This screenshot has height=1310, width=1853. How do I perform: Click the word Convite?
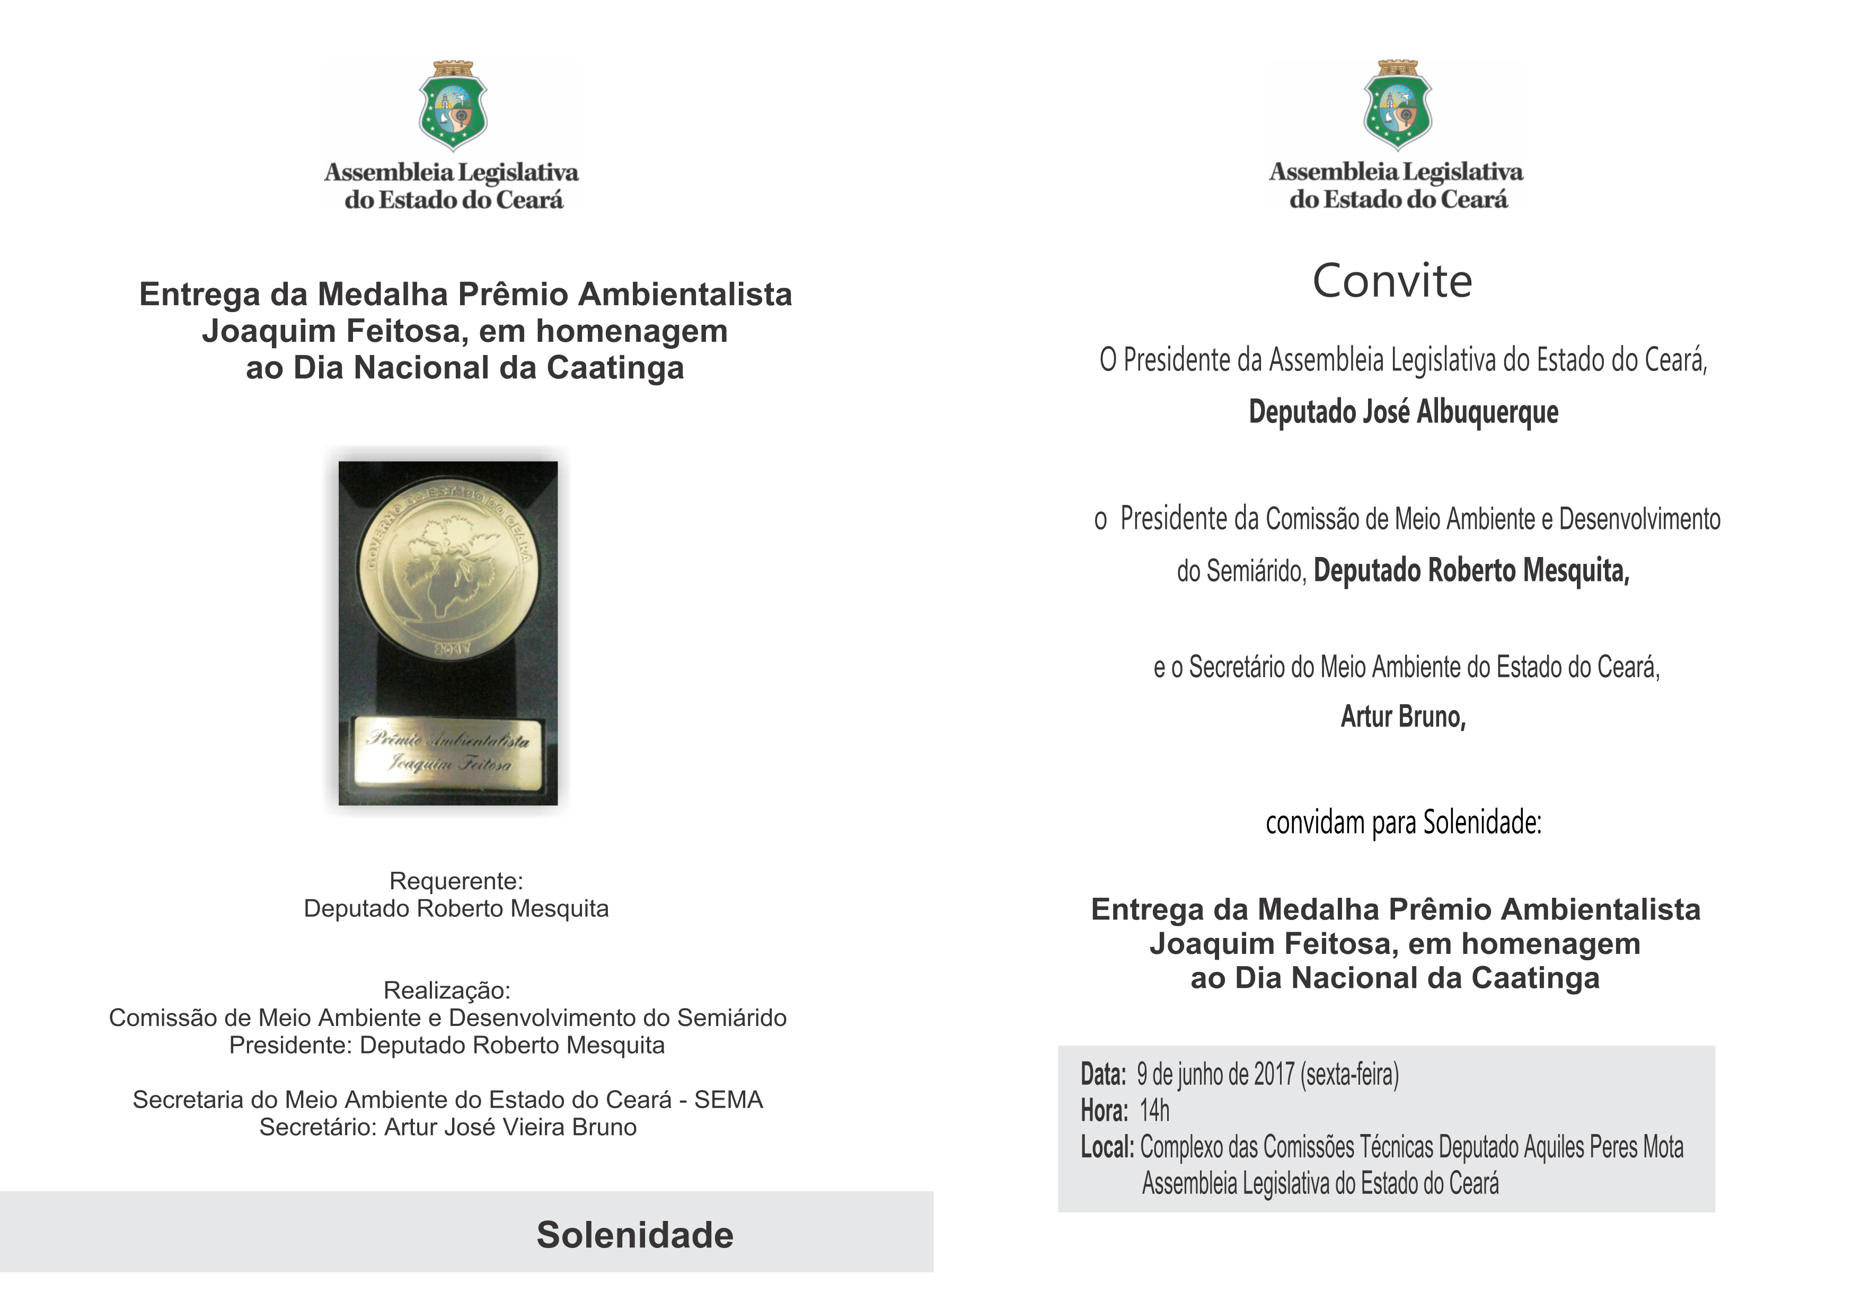click(x=1392, y=282)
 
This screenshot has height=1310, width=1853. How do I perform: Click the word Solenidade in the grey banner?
click(x=634, y=1235)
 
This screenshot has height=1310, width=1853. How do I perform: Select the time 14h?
click(x=1154, y=1111)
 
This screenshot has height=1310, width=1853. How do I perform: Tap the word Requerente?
click(x=456, y=881)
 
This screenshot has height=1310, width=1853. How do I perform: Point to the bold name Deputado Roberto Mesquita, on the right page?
click(x=1471, y=571)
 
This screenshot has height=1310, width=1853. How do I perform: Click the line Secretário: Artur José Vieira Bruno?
click(x=448, y=1127)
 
